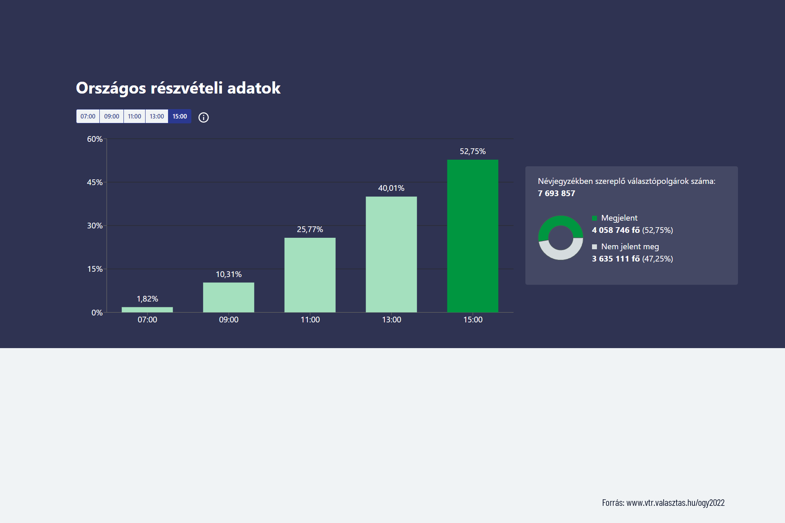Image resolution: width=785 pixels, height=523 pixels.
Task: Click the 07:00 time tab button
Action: (88, 116)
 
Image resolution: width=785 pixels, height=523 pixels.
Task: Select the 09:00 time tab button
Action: (112, 116)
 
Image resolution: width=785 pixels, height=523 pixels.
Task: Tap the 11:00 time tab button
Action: (135, 116)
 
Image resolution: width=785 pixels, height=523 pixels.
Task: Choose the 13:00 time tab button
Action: (157, 116)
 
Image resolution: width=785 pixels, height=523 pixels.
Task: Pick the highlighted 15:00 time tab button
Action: (179, 116)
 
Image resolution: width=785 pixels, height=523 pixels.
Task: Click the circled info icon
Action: (204, 118)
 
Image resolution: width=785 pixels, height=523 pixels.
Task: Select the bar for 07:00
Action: (147, 310)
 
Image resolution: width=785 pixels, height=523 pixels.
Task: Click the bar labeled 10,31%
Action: (229, 297)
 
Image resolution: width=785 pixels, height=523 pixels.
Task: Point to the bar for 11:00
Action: (310, 275)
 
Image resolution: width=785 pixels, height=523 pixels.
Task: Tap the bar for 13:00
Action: (391, 254)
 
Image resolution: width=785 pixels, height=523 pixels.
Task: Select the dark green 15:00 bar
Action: (473, 236)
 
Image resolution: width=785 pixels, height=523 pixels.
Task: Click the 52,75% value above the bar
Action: (473, 152)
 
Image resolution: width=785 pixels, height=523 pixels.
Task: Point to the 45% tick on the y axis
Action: (95, 183)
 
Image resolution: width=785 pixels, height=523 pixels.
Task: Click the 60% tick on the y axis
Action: (95, 139)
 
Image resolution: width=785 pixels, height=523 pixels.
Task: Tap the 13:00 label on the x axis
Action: (391, 320)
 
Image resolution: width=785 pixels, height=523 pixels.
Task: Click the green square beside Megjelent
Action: (594, 218)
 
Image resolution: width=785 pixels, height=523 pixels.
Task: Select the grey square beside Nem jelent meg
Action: (594, 247)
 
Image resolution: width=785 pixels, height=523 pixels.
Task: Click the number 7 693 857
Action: (556, 194)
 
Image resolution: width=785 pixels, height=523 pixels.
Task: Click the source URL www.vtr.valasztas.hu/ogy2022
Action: (675, 503)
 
